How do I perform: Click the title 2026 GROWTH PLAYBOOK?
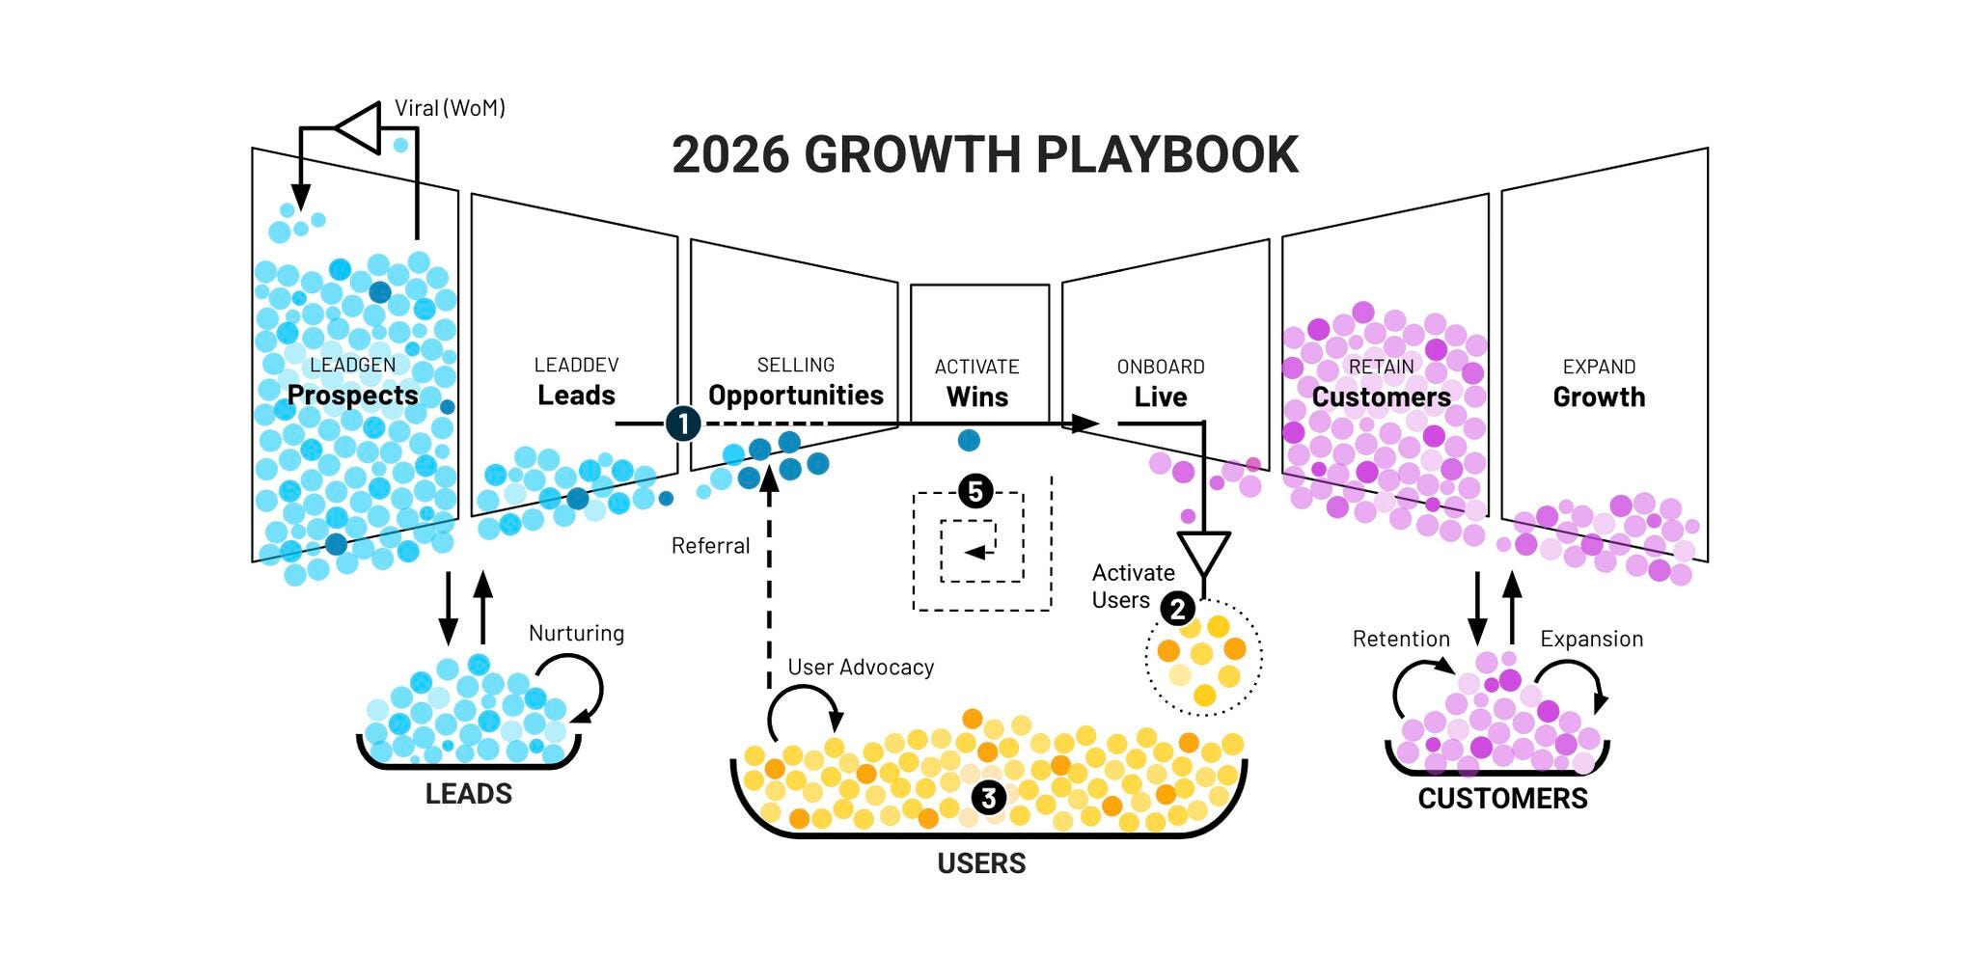pyautogui.click(x=985, y=154)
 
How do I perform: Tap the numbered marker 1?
pyautogui.click(x=682, y=423)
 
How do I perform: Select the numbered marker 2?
pyautogui.click(x=1177, y=609)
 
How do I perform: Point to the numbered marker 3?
pyautogui.click(x=988, y=797)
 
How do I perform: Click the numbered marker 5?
pyautogui.click(x=975, y=492)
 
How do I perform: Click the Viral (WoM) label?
pyautogui.click(x=450, y=108)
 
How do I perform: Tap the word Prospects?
pyautogui.click(x=352, y=396)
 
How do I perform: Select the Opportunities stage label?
pyautogui.click(x=796, y=396)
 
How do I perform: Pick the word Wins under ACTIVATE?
pyautogui.click(x=977, y=396)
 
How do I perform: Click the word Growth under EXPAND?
pyautogui.click(x=1599, y=396)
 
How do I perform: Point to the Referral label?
pyautogui.click(x=710, y=546)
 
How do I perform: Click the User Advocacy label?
pyautogui.click(x=861, y=667)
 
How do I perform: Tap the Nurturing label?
pyautogui.click(x=576, y=633)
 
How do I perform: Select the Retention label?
pyautogui.click(x=1401, y=639)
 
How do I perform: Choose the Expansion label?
pyautogui.click(x=1591, y=639)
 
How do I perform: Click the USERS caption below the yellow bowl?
pyautogui.click(x=981, y=862)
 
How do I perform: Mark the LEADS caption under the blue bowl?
pyautogui.click(x=469, y=794)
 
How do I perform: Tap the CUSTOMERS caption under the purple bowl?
pyautogui.click(x=1502, y=799)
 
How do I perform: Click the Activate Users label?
pyautogui.click(x=1133, y=587)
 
